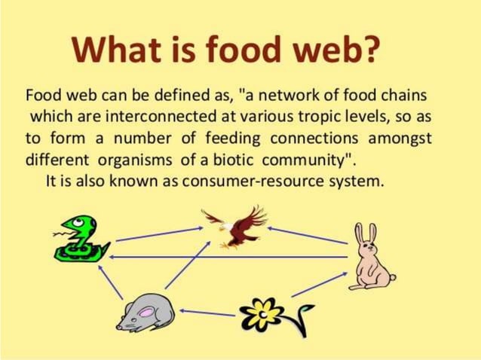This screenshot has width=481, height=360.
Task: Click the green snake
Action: click(x=78, y=238)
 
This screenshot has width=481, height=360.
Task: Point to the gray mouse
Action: click(x=146, y=311)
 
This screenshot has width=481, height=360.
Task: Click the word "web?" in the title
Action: click(x=335, y=50)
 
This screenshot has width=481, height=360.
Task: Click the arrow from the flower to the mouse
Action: click(x=207, y=312)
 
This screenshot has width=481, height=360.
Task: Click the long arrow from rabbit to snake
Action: click(x=226, y=258)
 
